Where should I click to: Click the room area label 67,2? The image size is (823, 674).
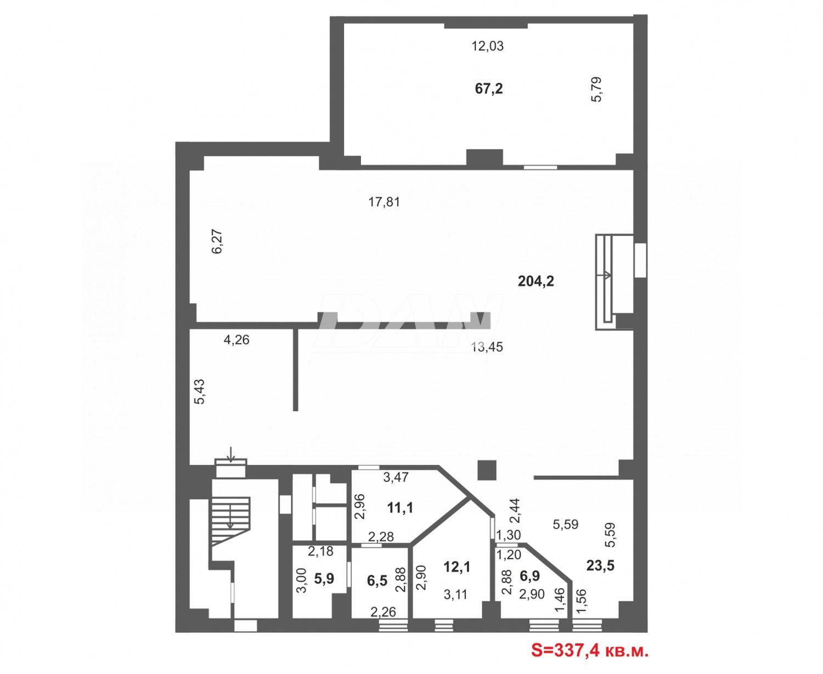[489, 88]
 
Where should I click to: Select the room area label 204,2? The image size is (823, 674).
[536, 281]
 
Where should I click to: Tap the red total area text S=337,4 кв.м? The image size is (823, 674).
[590, 651]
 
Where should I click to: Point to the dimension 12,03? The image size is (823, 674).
[488, 46]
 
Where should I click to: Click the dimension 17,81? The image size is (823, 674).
[384, 202]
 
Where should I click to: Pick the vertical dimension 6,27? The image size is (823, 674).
[217, 241]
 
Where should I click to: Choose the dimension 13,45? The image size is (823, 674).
[487, 347]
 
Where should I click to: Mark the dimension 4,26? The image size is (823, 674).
[236, 340]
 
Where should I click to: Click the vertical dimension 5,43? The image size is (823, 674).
[200, 392]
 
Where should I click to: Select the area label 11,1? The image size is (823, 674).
[400, 508]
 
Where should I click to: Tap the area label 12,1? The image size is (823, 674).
[456, 567]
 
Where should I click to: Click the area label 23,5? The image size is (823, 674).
[600, 565]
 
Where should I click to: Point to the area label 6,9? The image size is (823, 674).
[529, 576]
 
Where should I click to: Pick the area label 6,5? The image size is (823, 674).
[377, 580]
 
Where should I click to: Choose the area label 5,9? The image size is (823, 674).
[324, 578]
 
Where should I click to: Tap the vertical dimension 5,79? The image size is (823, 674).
[596, 89]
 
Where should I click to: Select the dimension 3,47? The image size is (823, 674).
[396, 477]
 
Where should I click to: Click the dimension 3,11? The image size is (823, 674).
[455, 594]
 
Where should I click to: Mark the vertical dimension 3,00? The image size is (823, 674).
[302, 580]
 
